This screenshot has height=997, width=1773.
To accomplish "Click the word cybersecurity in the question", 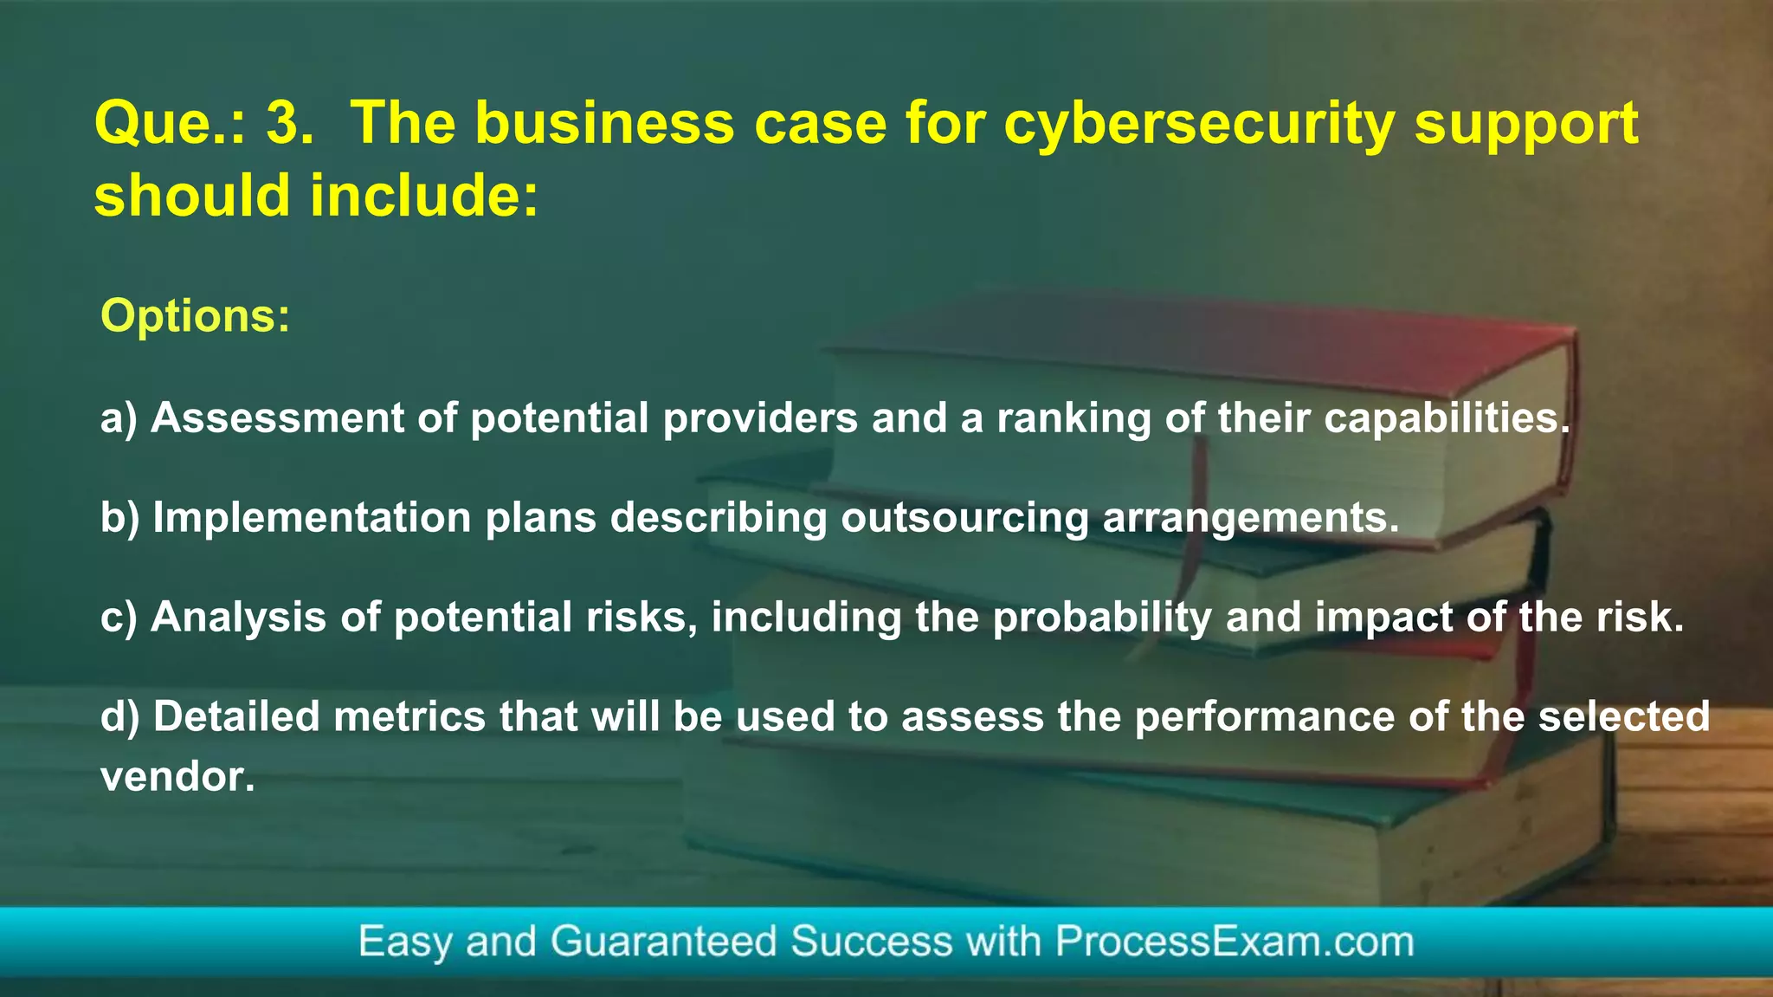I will coord(1199,124).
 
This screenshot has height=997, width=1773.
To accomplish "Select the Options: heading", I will coord(196,315).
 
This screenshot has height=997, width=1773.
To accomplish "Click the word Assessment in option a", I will coord(278,418).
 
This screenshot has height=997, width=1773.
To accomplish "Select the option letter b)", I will coord(119,518).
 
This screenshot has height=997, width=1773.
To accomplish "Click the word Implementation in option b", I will coord(313,518).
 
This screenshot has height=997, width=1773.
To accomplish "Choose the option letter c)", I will coord(119,618).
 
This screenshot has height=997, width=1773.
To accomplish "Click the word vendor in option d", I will coord(177,777).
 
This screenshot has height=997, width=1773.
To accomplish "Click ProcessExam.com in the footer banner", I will coord(1234,942).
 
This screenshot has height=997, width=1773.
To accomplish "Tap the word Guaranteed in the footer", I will coord(663,942).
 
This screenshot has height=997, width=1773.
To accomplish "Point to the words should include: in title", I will coord(317,195).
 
